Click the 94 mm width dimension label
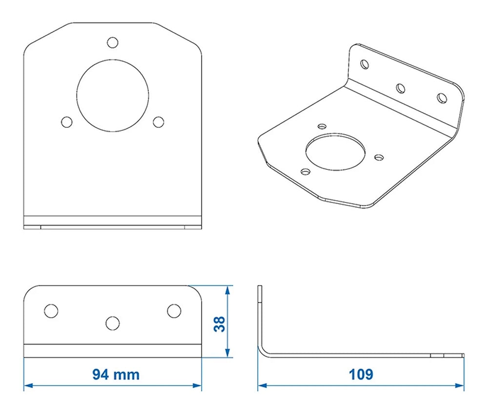[x=116, y=374]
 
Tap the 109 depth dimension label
[x=361, y=374]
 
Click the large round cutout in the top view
[x=112, y=95]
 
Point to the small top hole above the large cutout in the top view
[x=113, y=42]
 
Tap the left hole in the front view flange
[x=51, y=310]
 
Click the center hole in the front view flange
[x=113, y=323]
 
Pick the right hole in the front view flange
[x=174, y=310]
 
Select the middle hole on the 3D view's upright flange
[x=401, y=88]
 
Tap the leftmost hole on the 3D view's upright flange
[x=365, y=63]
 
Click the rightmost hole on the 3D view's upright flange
[x=442, y=98]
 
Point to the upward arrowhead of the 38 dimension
[x=227, y=289]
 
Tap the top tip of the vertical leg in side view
[x=260, y=287]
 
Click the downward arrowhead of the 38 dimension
[x=227, y=354]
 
